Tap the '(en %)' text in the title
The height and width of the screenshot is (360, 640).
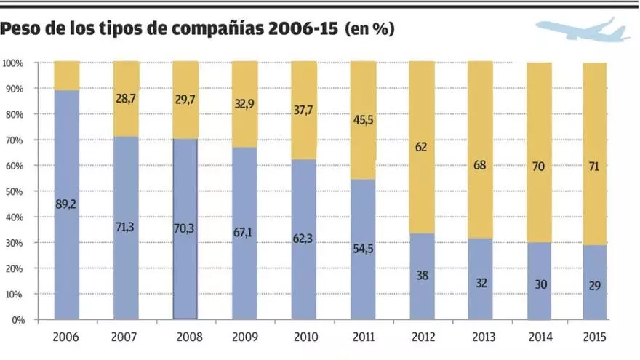[x=369, y=30]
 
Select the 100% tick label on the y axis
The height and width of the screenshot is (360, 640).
[x=12, y=63]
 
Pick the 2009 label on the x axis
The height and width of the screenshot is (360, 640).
[x=244, y=338]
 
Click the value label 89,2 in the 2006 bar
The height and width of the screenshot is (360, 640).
[x=66, y=204]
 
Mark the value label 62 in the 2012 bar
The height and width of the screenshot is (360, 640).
[x=422, y=146]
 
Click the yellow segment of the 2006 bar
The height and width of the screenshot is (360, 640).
[x=66, y=76]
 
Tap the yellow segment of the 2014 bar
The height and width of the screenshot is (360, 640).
[x=540, y=116]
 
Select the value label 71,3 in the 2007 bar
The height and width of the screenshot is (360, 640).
[x=126, y=227]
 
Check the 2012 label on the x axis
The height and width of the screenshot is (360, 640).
[x=422, y=338]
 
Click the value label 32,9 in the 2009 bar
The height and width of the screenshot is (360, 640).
[x=244, y=104]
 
